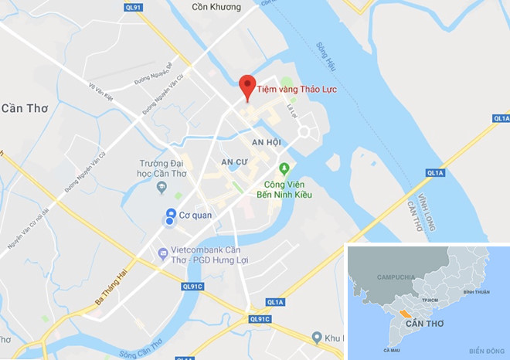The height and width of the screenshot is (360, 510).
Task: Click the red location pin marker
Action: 246,86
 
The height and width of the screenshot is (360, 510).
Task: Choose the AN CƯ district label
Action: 233,161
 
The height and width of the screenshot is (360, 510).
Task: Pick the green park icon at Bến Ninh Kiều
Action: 284,168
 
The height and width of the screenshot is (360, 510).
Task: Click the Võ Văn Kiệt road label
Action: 103,93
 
